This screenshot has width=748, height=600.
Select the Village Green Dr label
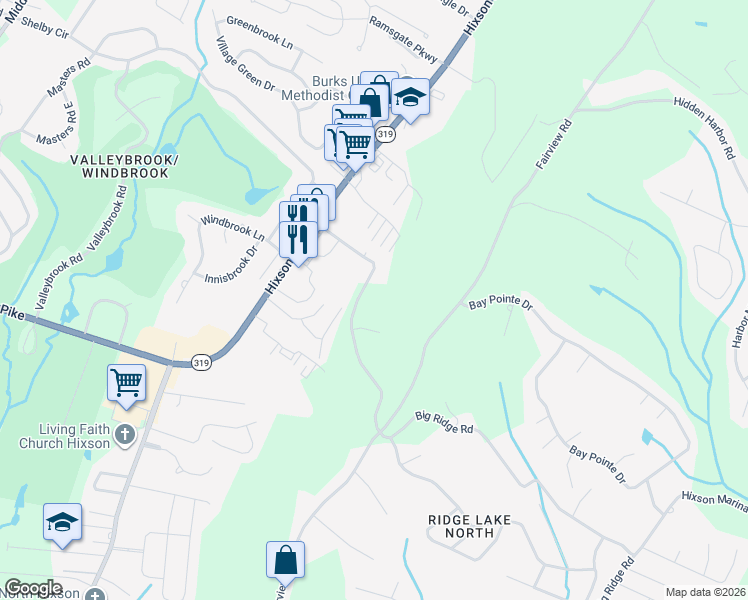(246, 65)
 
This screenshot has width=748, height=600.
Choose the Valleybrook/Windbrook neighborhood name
(120, 166)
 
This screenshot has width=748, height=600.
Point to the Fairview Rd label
(552, 143)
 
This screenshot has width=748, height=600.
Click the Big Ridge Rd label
(444, 421)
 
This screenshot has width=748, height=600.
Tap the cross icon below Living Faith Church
(125, 434)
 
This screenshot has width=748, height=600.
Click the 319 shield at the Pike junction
(201, 363)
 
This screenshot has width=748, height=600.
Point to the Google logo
(34, 588)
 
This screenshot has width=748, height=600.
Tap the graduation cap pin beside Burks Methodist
(409, 97)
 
